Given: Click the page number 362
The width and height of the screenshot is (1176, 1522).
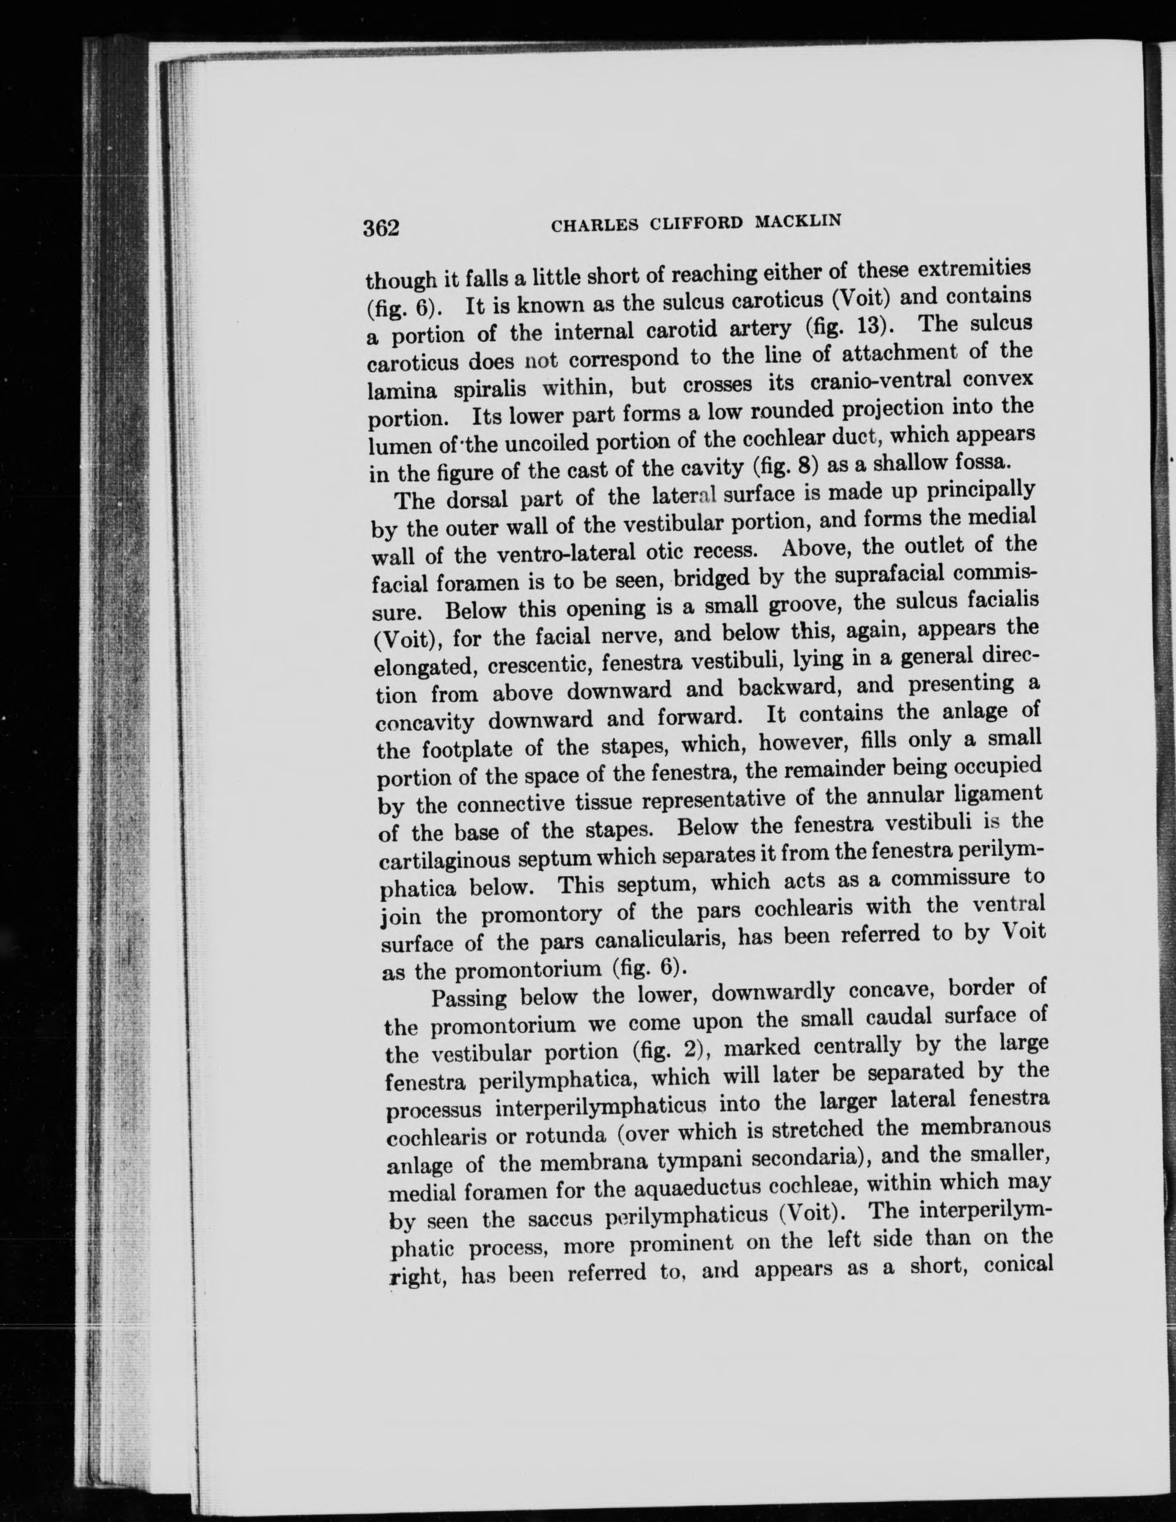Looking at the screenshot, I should click(380, 228).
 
